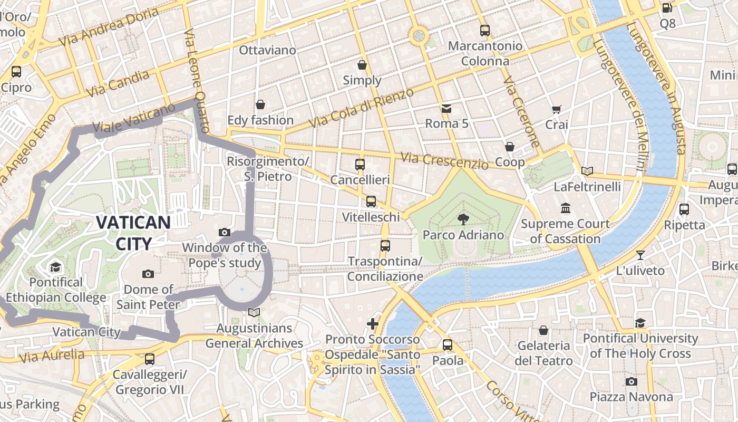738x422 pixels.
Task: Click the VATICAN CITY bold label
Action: click(x=133, y=233)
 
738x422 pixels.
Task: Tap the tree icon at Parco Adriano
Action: click(x=463, y=219)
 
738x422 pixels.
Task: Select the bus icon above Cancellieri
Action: click(x=360, y=164)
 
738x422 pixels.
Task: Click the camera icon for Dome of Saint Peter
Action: click(x=148, y=273)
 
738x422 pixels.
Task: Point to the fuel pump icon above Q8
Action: click(x=667, y=8)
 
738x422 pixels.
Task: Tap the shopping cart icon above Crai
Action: click(x=556, y=109)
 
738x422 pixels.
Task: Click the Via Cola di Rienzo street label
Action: click(x=362, y=108)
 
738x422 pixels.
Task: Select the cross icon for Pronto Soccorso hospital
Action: click(x=373, y=323)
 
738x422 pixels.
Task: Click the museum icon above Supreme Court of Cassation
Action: click(x=566, y=208)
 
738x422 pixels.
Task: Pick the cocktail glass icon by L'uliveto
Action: click(x=640, y=255)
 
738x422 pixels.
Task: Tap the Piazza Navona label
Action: click(x=631, y=397)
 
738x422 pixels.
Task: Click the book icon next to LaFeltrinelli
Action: click(x=587, y=171)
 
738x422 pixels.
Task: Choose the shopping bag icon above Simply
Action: click(x=362, y=65)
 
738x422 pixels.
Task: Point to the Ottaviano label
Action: click(x=267, y=50)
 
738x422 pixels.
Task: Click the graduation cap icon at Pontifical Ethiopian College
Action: click(x=56, y=267)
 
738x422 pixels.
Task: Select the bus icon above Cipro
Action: click(x=16, y=72)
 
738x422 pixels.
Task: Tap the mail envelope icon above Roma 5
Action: click(x=446, y=108)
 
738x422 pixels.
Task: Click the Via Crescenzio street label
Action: click(x=444, y=160)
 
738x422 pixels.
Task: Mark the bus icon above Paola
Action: click(x=448, y=345)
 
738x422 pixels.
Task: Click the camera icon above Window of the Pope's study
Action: click(x=225, y=232)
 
